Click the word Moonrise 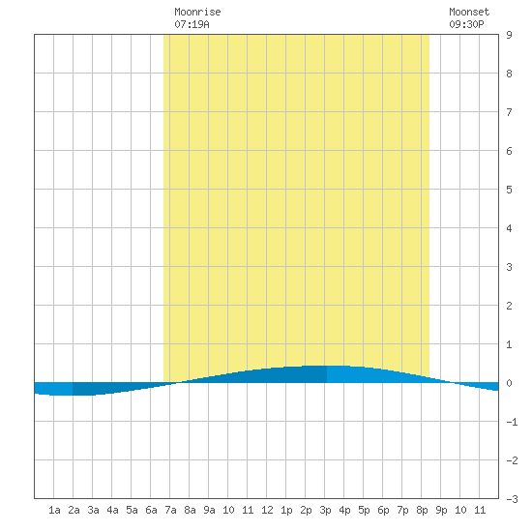click(197, 12)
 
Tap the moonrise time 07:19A click(192, 24)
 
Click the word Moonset click(469, 12)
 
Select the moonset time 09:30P click(466, 24)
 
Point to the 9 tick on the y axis click(509, 35)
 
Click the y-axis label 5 click(509, 190)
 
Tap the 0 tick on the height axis click(509, 383)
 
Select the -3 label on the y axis click(512, 499)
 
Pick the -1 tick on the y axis click(512, 422)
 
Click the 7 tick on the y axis click(509, 112)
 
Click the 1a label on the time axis click(54, 510)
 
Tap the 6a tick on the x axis click(151, 510)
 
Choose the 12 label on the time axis click(267, 510)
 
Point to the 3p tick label click(325, 510)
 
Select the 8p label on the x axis click(422, 510)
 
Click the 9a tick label click(209, 510)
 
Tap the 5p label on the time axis click(364, 510)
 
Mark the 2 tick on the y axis click(509, 306)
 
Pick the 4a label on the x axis click(112, 510)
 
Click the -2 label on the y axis click(512, 460)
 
